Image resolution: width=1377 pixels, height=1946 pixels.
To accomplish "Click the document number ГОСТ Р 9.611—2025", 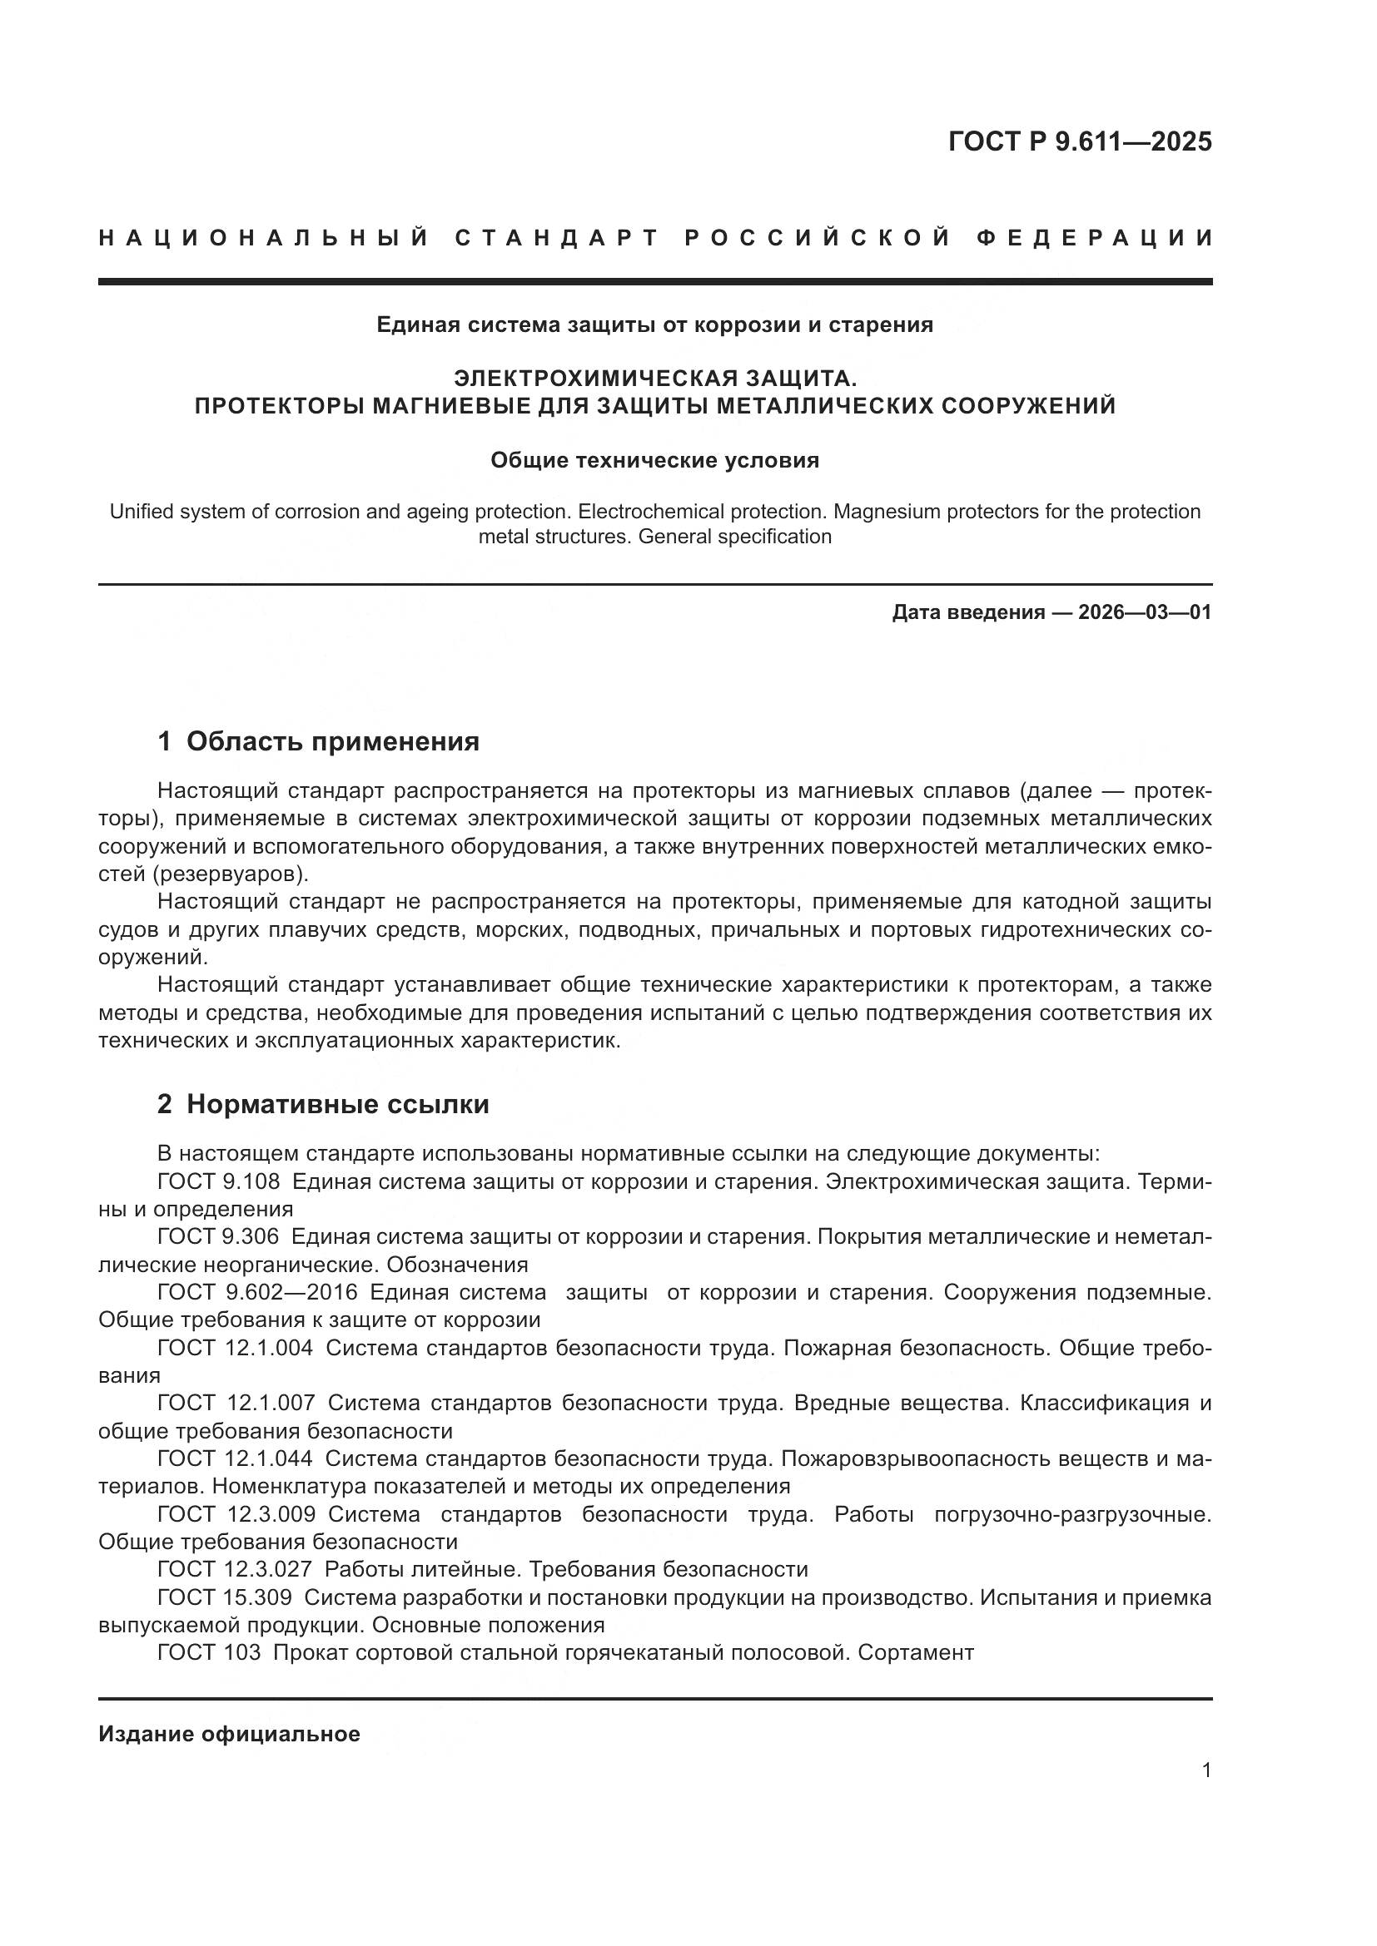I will pos(1080,141).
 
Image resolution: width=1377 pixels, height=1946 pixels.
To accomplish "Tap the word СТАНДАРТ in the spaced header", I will pos(556,238).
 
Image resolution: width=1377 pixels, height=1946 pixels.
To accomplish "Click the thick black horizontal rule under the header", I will pos(654,281).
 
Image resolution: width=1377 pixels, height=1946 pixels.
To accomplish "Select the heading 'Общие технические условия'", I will pos(654,460).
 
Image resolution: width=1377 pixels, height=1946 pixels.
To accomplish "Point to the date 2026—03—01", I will pos(1145,612).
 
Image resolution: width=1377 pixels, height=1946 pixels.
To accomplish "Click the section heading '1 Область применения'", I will pos(318,741).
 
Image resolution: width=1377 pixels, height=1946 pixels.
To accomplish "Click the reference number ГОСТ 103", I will pos(209,1653).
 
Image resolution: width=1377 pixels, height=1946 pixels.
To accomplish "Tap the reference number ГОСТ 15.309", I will pos(224,1597).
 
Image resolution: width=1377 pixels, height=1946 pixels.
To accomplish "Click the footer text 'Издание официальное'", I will pos(229,1734).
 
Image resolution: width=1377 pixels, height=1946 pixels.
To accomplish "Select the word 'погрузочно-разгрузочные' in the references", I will pos(1071,1514).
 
